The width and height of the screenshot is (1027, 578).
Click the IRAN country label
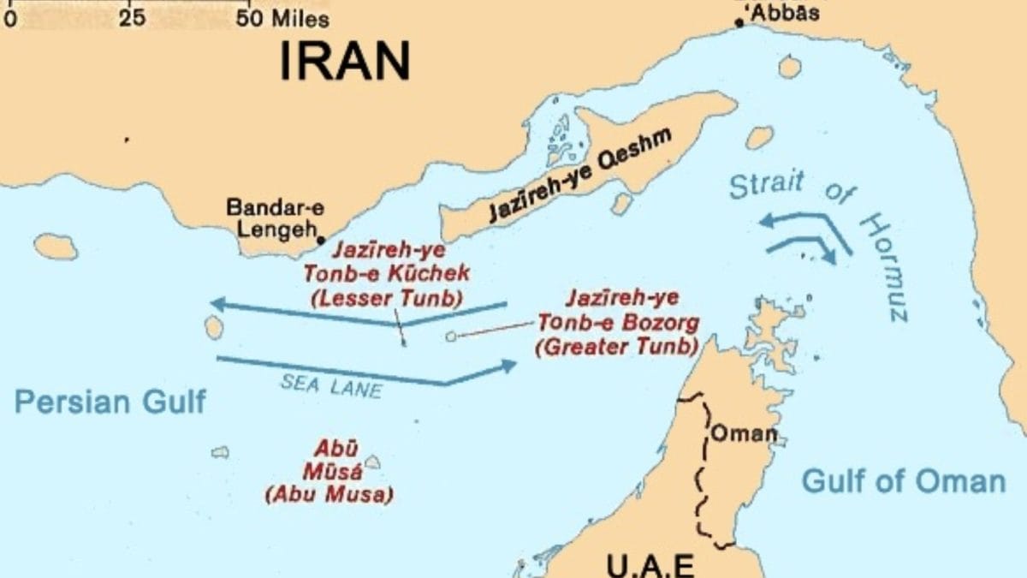click(x=345, y=61)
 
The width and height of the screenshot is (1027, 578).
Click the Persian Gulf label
click(x=110, y=401)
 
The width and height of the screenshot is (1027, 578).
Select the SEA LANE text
click(x=331, y=386)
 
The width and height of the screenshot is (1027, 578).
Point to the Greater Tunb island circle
click(x=451, y=337)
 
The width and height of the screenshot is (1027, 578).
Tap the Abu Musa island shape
click(x=372, y=462)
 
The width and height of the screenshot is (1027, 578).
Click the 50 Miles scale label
click(x=282, y=18)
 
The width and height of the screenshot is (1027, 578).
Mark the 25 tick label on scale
click(x=132, y=18)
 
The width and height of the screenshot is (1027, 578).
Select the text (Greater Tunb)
click(x=616, y=347)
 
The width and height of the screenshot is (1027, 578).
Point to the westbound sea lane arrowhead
click(x=217, y=303)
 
